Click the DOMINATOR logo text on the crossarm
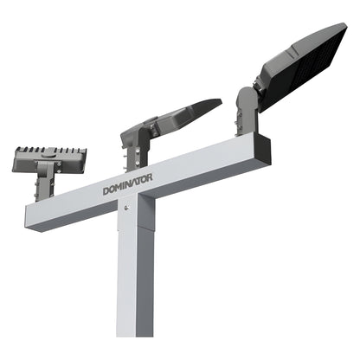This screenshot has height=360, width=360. click(x=127, y=183)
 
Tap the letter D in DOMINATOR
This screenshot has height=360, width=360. click(x=106, y=190)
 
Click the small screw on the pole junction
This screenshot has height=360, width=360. click(x=127, y=207)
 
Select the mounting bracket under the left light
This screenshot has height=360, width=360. click(x=45, y=184)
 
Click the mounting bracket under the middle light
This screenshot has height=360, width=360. click(x=134, y=157)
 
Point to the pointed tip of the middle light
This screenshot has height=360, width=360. click(x=216, y=103)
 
